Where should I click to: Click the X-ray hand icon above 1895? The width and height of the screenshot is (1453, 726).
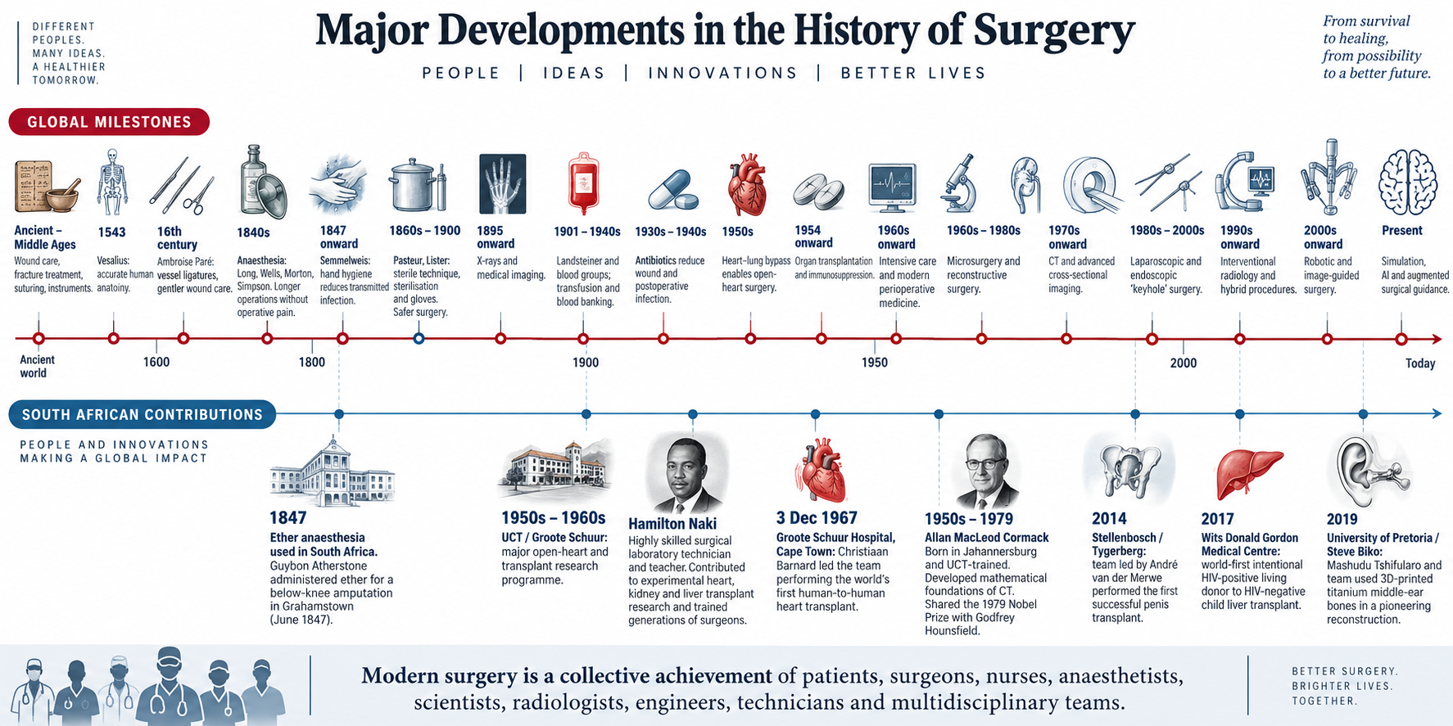(501, 183)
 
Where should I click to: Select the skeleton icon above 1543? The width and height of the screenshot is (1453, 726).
(112, 182)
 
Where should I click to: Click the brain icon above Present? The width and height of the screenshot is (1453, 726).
(1408, 183)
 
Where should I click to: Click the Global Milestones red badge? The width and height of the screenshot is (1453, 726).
(109, 122)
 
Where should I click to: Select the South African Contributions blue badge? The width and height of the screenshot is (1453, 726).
(142, 415)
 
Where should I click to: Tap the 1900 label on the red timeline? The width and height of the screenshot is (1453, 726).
(586, 363)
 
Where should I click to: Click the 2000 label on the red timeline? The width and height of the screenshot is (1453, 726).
(1183, 363)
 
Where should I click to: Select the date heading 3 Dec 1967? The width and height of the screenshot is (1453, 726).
(817, 518)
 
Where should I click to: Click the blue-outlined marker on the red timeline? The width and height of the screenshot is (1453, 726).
(419, 338)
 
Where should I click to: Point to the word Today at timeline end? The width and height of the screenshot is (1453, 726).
(1420, 363)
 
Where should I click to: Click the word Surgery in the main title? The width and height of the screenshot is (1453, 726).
(1054, 31)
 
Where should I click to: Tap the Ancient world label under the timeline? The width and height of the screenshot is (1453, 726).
(37, 366)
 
